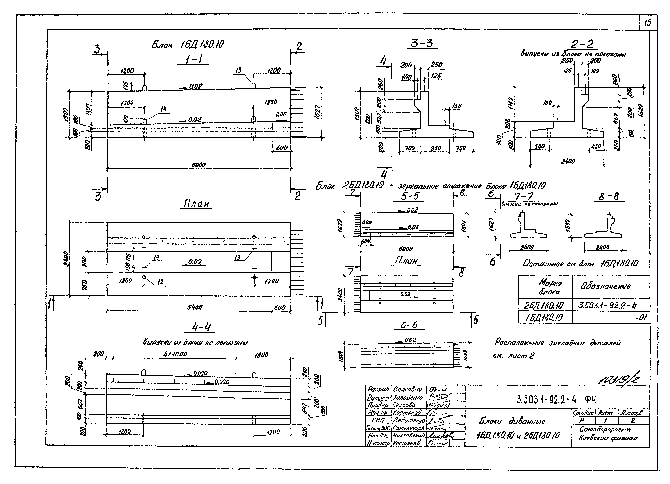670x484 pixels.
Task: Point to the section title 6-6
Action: click(409, 325)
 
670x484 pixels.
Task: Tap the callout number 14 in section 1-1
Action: click(163, 109)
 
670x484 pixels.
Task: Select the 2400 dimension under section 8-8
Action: click(603, 247)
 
